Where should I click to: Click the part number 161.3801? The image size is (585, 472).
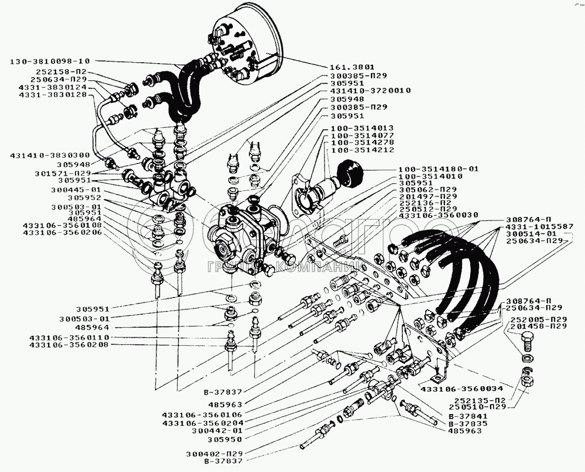[x=352, y=68]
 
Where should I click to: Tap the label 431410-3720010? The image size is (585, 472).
[x=370, y=91]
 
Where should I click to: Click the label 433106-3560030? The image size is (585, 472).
[x=433, y=215]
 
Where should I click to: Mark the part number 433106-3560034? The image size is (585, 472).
[x=461, y=389]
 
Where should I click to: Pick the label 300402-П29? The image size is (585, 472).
[x=214, y=454]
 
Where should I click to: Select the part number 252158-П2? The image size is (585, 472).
[x=62, y=72]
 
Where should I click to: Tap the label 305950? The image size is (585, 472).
[x=225, y=439]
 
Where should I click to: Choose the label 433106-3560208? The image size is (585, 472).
[x=69, y=345]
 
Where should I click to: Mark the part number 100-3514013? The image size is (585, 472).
[x=359, y=128]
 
